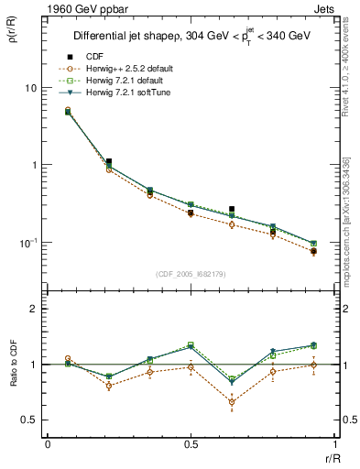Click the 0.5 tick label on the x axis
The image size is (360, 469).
click(x=191, y=444)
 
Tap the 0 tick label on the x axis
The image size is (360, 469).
click(x=48, y=444)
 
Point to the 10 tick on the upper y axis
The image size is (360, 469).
click(x=31, y=88)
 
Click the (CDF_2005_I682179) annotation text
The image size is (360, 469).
click(x=191, y=274)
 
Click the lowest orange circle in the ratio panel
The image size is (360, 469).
click(x=232, y=402)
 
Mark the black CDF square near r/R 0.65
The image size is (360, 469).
click(x=232, y=210)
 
